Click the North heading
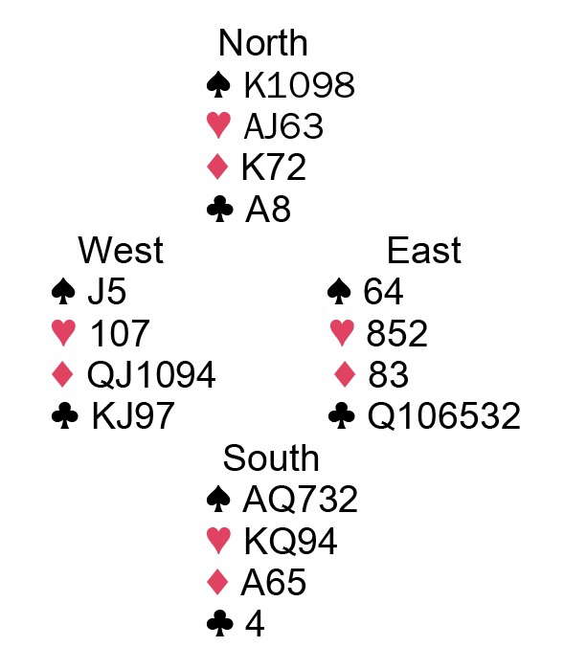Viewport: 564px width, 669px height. [x=262, y=43]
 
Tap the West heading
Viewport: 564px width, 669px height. [x=121, y=250]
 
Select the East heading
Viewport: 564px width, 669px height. [x=424, y=250]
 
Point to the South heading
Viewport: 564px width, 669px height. [x=271, y=457]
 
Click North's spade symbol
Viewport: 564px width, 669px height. [x=218, y=84]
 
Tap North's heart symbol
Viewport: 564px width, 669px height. [x=218, y=126]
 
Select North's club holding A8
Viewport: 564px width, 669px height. [x=268, y=210]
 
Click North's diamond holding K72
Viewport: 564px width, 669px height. [x=274, y=167]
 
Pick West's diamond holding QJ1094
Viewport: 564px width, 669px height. [x=151, y=374]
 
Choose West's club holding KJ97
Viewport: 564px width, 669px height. [x=133, y=416]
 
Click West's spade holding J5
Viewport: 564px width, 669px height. [x=106, y=292]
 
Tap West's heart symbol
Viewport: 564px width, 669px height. [x=63, y=333]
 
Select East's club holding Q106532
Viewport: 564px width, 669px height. [x=444, y=416]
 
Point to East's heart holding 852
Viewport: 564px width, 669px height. [x=396, y=333]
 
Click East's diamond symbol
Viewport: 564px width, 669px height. [x=344, y=374]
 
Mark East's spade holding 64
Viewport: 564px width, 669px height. [x=383, y=292]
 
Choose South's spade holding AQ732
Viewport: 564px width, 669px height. [x=300, y=500]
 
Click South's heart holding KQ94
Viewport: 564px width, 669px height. [x=290, y=541]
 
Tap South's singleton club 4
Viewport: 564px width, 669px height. [x=255, y=624]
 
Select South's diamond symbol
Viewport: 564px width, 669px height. [x=217, y=582]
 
